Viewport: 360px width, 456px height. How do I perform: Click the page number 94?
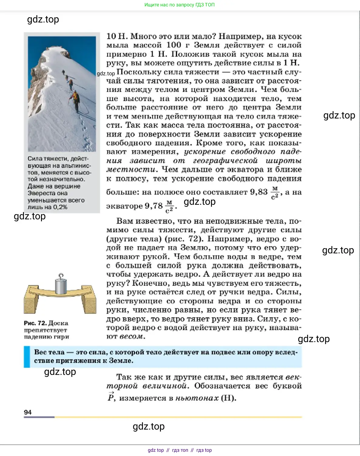(x=28, y=412)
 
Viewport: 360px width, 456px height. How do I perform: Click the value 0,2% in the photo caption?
(x=60, y=207)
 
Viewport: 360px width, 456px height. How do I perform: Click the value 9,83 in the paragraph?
(x=259, y=192)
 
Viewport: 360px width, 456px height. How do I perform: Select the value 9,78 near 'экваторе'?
(x=154, y=206)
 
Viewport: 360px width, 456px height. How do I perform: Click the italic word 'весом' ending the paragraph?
(x=131, y=337)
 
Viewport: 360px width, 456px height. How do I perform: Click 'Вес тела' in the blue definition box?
(x=49, y=352)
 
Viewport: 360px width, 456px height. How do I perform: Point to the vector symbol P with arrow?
(x=111, y=397)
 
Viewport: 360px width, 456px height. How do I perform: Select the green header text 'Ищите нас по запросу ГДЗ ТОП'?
(x=179, y=5)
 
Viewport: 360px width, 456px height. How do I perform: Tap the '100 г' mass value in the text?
(x=178, y=45)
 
